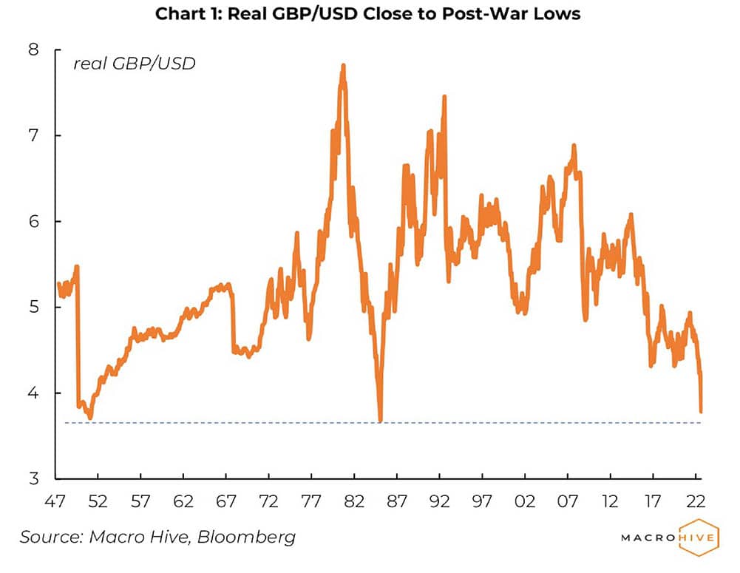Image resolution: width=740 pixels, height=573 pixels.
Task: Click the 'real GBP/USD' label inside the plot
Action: point(134,64)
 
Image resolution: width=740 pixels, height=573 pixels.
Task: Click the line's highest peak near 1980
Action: point(343,66)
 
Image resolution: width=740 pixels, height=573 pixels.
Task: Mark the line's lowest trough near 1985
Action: point(380,421)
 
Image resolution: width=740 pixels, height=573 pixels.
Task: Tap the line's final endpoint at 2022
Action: point(700,411)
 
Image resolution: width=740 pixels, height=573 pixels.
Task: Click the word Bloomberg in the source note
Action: point(247,537)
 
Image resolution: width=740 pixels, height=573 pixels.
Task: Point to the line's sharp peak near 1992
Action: point(444,97)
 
